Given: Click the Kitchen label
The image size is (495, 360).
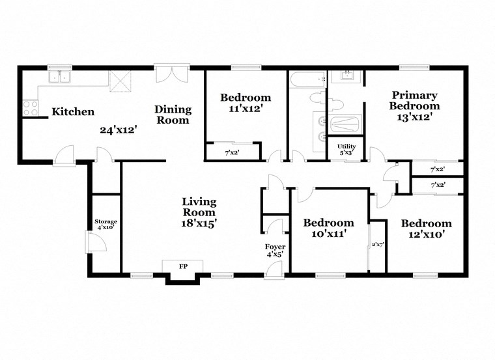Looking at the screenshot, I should pyautogui.click(x=73, y=112).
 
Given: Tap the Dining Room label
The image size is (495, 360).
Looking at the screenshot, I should pyautogui.click(x=173, y=115).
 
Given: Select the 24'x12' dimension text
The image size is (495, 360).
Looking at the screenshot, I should pyautogui.click(x=118, y=129).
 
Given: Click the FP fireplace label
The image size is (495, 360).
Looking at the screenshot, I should pyautogui.click(x=182, y=266).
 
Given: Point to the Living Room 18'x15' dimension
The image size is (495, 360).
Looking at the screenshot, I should pyautogui.click(x=199, y=223).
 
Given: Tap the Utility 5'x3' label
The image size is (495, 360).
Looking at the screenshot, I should pyautogui.click(x=345, y=149).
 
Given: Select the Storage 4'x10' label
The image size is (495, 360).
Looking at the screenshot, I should pyautogui.click(x=106, y=225).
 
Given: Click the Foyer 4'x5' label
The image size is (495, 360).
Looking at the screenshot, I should pyautogui.click(x=275, y=251).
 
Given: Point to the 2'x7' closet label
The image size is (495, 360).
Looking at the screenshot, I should pyautogui.click(x=378, y=245).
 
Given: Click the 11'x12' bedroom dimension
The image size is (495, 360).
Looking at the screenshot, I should pyautogui.click(x=246, y=109).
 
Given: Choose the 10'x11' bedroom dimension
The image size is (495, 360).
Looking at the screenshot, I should pyautogui.click(x=328, y=233).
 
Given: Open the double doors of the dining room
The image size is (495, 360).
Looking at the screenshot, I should pyautogui.click(x=171, y=73).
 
